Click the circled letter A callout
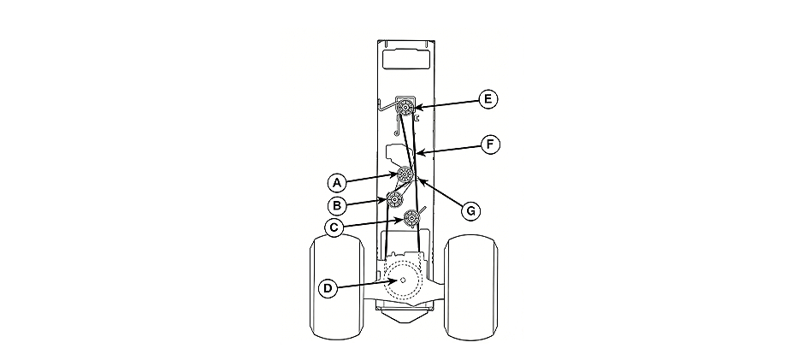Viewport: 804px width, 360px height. pos(337,181)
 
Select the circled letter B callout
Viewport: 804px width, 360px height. pos(337,205)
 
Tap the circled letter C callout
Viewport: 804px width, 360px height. pos(337,227)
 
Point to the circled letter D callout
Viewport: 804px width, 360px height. pos(327,288)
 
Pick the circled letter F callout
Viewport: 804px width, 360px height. pos(488,145)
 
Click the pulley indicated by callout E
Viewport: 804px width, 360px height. pos(406,108)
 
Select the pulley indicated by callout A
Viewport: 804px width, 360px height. pos(404,175)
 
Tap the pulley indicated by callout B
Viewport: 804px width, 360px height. pos(395,200)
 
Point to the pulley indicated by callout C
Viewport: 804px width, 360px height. pos(412,220)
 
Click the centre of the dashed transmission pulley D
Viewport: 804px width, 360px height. pos(401,280)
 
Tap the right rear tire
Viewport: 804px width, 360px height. pos(472,289)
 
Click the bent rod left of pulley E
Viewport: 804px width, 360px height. pos(384,106)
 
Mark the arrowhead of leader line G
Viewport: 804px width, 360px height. pos(415,179)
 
